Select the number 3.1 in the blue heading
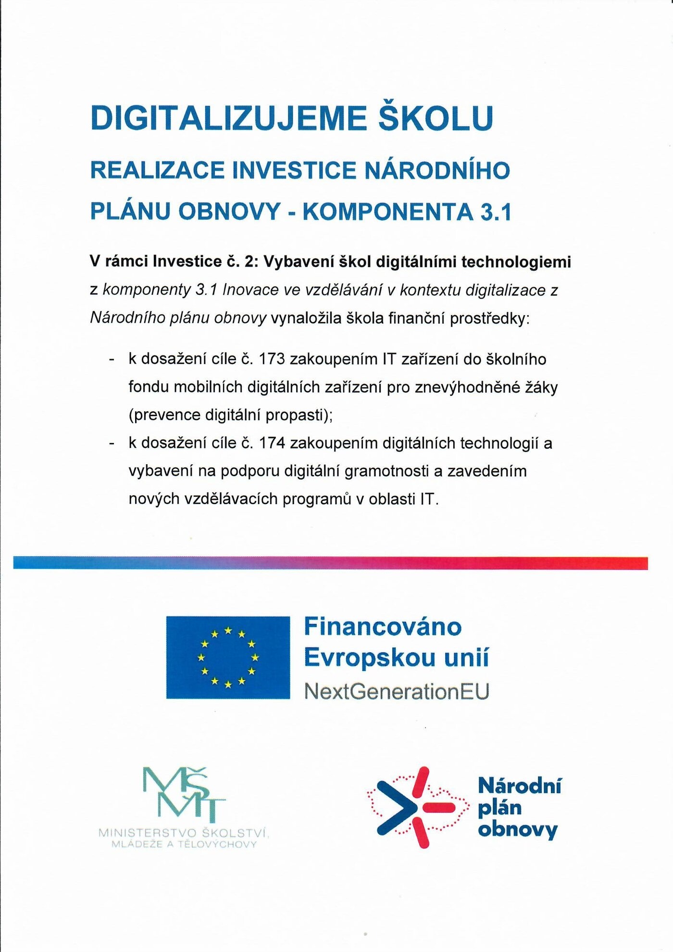click(x=496, y=212)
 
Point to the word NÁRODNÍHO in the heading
click(x=437, y=170)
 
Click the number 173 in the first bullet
click(x=272, y=359)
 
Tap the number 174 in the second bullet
click(x=272, y=443)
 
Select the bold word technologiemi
click(x=516, y=262)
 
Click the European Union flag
click(x=228, y=657)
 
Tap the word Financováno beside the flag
click(x=383, y=627)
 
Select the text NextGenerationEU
click(x=397, y=692)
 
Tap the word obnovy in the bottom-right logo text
click(x=518, y=830)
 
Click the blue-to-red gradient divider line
click(x=330, y=563)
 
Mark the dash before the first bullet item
click(x=112, y=359)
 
